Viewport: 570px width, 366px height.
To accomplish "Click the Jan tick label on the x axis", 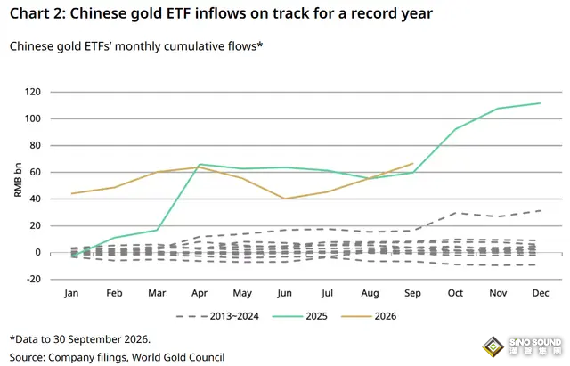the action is click(x=71, y=293).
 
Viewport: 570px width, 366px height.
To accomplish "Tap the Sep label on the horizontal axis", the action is click(x=412, y=293).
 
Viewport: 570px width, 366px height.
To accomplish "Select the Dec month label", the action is click(x=541, y=293).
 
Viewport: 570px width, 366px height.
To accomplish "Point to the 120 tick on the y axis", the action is click(x=33, y=92).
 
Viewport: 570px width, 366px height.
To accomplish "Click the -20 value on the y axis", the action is click(x=34, y=279).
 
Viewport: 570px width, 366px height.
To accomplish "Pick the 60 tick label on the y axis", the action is click(x=36, y=172).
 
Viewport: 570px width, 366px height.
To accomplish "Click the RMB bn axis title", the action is click(x=18, y=180).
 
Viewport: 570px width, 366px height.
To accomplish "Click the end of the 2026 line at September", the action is click(x=413, y=164).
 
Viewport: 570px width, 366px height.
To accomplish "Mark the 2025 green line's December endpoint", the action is click(x=541, y=103).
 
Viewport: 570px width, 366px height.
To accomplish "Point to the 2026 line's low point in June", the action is click(x=285, y=199).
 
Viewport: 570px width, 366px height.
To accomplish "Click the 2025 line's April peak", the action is click(x=199, y=164).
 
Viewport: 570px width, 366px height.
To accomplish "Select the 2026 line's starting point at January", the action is click(x=71, y=193).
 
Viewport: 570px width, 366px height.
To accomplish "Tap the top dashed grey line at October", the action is click(x=455, y=213).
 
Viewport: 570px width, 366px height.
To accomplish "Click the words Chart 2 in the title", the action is click(x=37, y=14).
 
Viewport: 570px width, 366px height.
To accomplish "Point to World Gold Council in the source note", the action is click(x=178, y=357).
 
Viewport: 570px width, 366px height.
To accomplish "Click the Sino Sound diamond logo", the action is click(x=493, y=346).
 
